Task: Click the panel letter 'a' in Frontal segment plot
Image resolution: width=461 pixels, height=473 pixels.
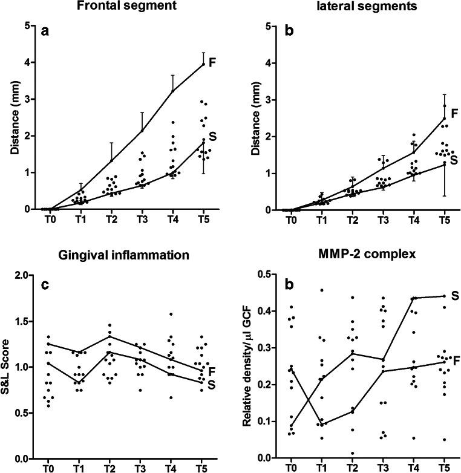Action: tap(44, 32)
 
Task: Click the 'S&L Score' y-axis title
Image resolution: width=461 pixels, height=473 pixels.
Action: tap(8, 363)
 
